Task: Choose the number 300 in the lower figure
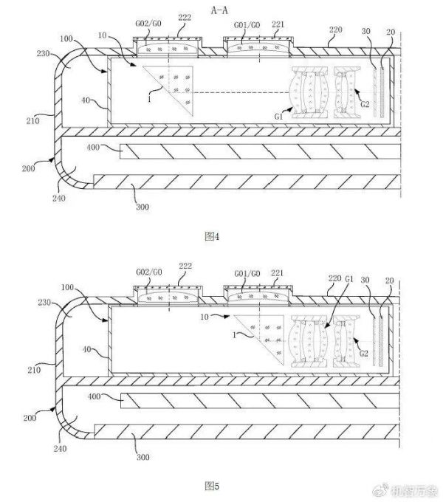pos(144,457)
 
